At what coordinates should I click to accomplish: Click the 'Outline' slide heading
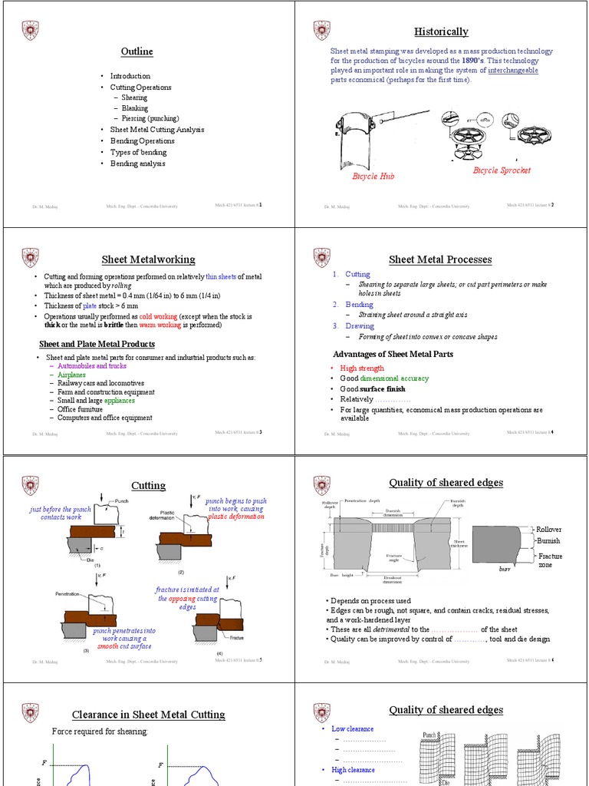click(x=137, y=51)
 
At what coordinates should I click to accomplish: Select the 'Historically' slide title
click(x=441, y=31)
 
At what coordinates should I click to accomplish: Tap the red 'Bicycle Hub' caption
click(x=373, y=177)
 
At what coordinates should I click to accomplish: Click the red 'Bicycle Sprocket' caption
click(x=502, y=170)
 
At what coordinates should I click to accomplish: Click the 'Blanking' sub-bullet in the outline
click(x=134, y=108)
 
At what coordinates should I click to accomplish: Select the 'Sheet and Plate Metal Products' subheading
click(x=97, y=344)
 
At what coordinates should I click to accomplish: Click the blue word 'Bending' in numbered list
click(x=360, y=305)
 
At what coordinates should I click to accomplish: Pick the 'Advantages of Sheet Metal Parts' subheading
click(x=393, y=354)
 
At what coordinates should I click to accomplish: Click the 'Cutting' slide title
click(x=148, y=486)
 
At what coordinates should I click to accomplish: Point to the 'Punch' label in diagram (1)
click(x=122, y=501)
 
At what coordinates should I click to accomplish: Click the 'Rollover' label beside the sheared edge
click(x=548, y=530)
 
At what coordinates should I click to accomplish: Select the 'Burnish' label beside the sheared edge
click(x=548, y=540)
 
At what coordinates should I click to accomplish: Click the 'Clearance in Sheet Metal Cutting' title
click(x=148, y=715)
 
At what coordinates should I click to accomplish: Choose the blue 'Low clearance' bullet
click(x=353, y=729)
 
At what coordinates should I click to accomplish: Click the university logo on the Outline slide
click(x=30, y=30)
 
